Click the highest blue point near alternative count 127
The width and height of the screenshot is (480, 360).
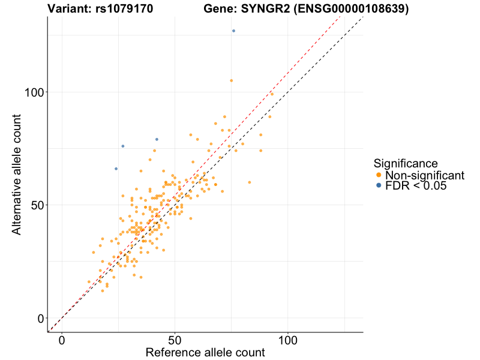(233, 31)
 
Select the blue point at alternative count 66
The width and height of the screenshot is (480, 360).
(116, 169)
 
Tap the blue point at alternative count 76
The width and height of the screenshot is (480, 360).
(123, 146)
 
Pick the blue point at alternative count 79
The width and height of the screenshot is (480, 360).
(157, 139)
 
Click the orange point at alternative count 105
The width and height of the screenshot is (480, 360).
(231, 80)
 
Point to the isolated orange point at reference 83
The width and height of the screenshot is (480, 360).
(249, 182)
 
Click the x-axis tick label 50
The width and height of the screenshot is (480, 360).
(175, 340)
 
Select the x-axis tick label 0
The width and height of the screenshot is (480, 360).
(62, 340)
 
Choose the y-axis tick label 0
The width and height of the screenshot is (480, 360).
(41, 318)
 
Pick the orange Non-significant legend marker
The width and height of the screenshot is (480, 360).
(378, 175)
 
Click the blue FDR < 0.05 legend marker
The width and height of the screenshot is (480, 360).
(378, 186)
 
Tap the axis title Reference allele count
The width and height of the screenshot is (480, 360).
(205, 352)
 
